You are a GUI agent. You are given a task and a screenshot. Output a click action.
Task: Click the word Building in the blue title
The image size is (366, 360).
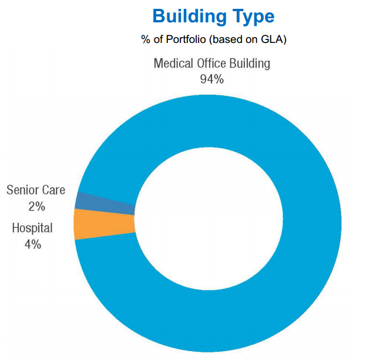tap(190, 16)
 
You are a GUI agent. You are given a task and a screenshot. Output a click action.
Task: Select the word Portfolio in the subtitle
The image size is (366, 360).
tap(186, 39)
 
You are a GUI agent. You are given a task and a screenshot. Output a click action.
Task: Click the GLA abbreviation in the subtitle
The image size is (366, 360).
tap(271, 39)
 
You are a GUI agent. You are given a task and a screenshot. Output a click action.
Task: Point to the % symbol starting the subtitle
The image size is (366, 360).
tap(146, 39)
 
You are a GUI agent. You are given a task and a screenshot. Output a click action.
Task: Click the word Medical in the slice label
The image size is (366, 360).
tap(173, 64)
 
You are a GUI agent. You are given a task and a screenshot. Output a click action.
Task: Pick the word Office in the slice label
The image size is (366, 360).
tap(211, 64)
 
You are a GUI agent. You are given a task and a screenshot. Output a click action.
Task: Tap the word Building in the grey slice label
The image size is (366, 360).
tap(250, 64)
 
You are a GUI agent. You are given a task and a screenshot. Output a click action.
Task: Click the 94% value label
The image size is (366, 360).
tap(212, 79)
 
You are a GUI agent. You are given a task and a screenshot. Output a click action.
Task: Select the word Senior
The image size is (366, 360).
tap(22, 190)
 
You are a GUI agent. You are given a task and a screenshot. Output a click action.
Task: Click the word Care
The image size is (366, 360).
tap(53, 190)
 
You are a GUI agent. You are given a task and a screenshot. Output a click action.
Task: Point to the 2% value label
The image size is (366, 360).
tap(37, 206)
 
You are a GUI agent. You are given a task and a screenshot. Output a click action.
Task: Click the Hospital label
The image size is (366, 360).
tap(32, 228)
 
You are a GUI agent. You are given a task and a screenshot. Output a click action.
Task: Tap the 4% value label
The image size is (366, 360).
tap(33, 245)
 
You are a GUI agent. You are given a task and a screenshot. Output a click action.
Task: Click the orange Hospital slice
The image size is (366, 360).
tap(105, 224)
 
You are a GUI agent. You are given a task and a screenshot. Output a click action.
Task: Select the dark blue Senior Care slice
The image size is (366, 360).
tap(105, 204)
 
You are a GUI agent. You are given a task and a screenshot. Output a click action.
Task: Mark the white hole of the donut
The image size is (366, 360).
tap(209, 219)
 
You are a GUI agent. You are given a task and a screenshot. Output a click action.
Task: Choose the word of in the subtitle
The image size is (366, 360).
tap(158, 39)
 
